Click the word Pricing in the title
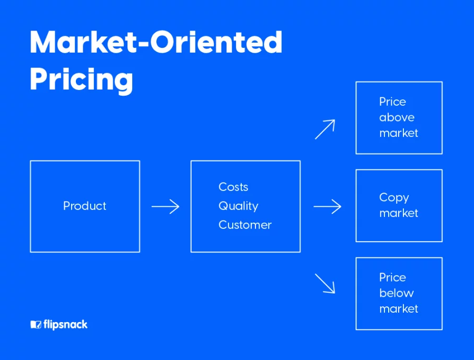[x=81, y=79]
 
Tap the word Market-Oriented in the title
[x=156, y=42]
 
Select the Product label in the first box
[x=85, y=206]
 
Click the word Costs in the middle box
[x=233, y=187]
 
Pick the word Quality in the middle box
[x=239, y=206]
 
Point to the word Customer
[x=245, y=225]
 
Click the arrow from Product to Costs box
[x=165, y=206]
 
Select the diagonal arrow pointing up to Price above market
[x=325, y=129]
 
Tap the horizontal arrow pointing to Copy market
[x=328, y=206]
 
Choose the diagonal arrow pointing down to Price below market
[x=325, y=284]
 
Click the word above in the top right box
[x=397, y=117]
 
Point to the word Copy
[x=394, y=198]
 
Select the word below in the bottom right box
[x=397, y=293]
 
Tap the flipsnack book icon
[x=36, y=325]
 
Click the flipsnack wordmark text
[x=66, y=325]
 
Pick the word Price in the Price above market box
[x=393, y=102]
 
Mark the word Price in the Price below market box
[x=393, y=277]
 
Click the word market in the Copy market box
[x=399, y=213]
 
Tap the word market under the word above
[x=399, y=133]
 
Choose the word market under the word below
[x=399, y=309]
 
